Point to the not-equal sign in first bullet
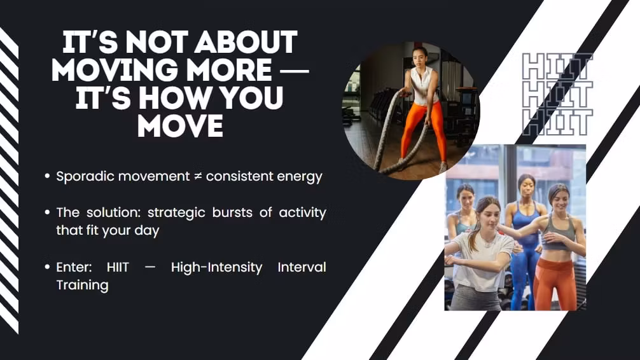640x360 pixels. (198, 176)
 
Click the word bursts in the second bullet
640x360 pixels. (232, 212)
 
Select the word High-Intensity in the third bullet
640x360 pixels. (216, 267)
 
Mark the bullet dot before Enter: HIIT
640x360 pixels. (47, 267)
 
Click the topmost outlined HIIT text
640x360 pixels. (557, 66)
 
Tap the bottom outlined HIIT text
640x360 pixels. (557, 123)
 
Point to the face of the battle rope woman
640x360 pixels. (420, 57)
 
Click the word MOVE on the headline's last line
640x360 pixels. (181, 126)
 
